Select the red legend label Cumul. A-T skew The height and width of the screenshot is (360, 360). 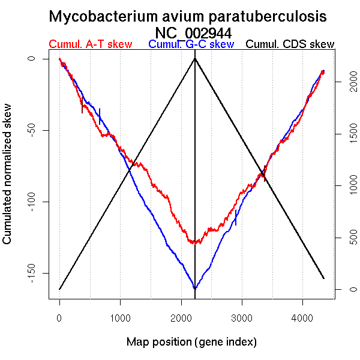click(x=90, y=44)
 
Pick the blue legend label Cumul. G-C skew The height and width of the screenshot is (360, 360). click(x=191, y=44)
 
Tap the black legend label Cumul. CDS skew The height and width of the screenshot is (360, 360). click(x=290, y=44)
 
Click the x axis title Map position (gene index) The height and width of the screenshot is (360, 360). click(x=191, y=342)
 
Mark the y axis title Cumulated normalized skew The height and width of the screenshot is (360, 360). click(x=8, y=180)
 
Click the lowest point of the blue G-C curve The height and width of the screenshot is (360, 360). click(x=195, y=289)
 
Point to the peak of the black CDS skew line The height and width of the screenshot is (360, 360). click(x=195, y=59)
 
